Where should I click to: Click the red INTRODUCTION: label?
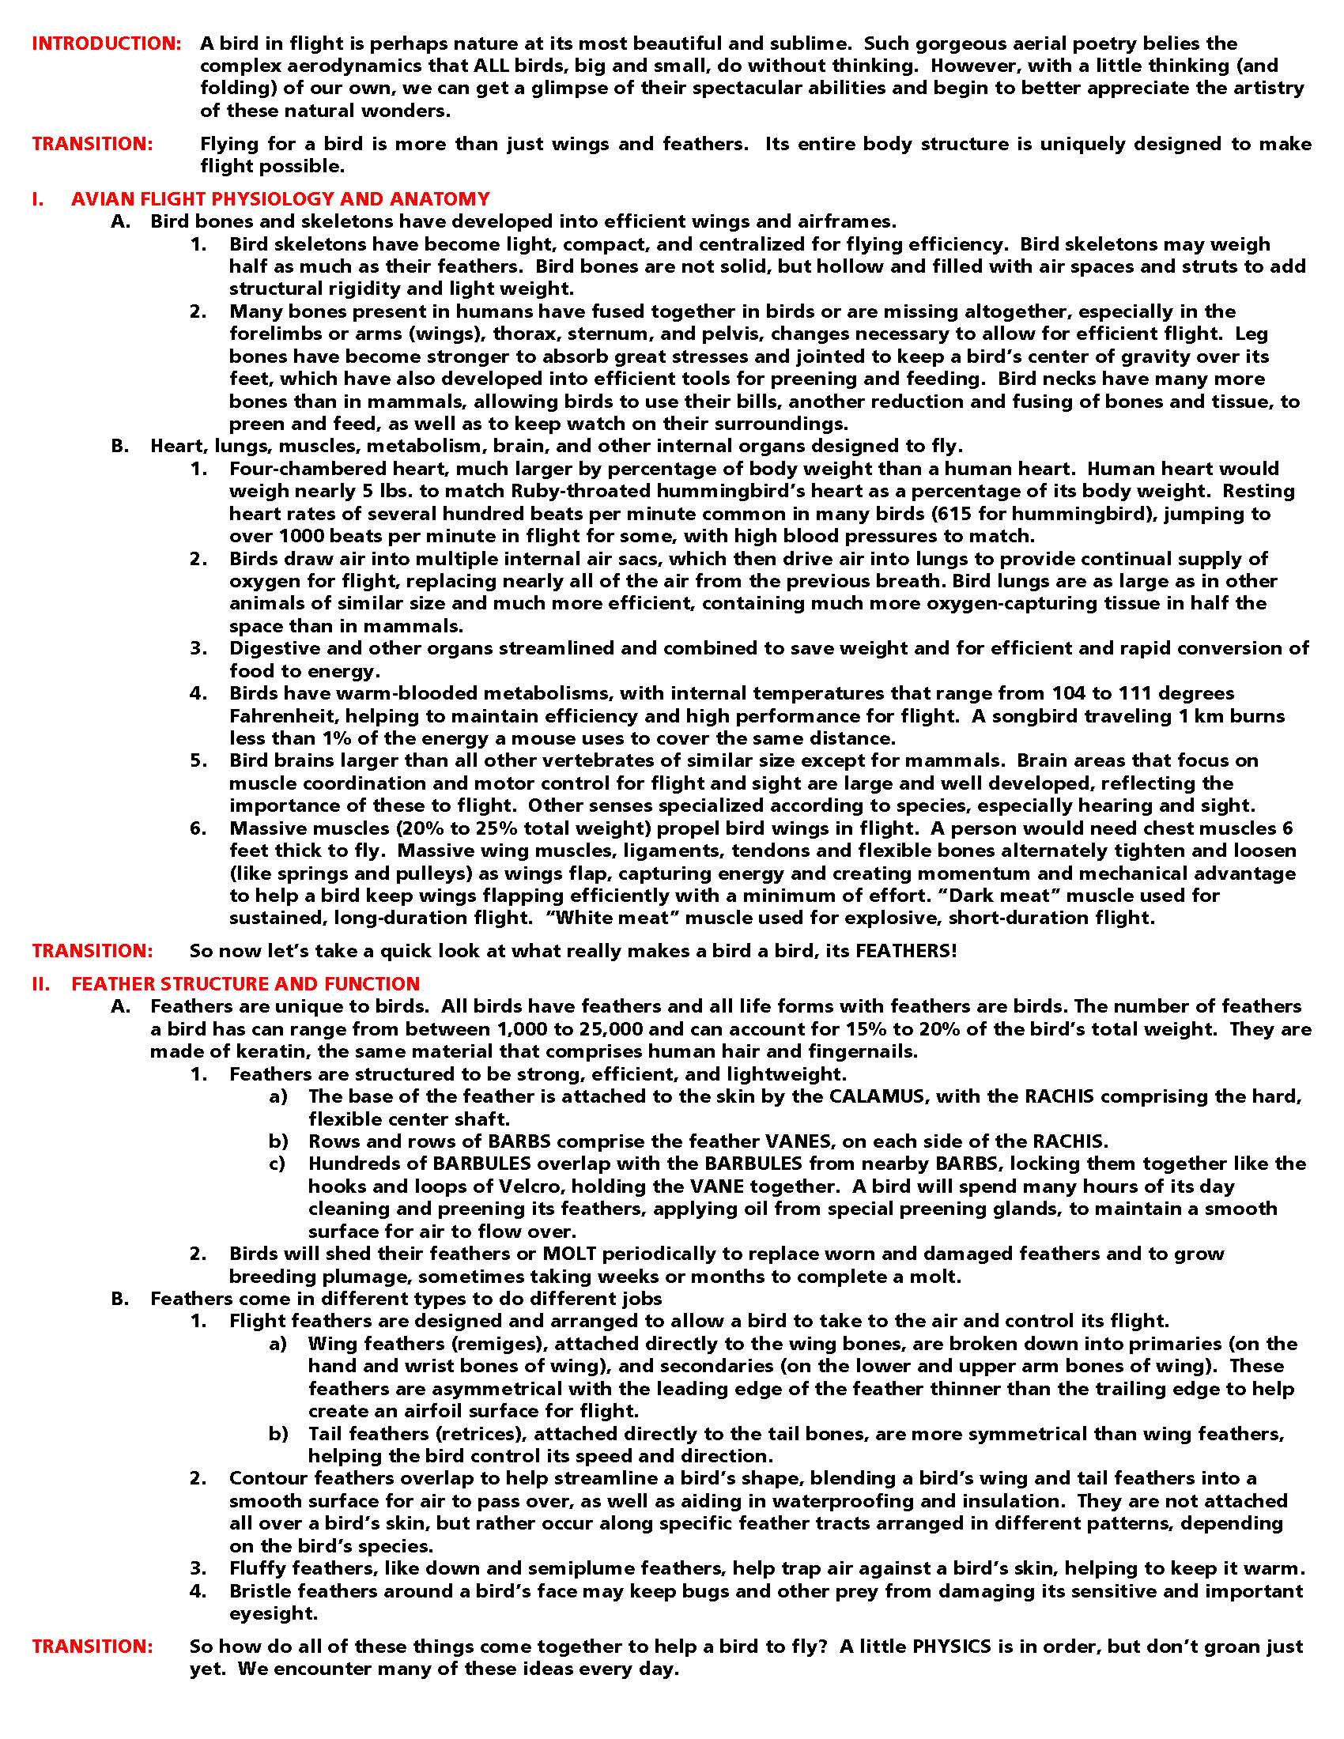(x=107, y=43)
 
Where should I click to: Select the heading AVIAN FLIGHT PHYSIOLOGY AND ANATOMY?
(x=281, y=198)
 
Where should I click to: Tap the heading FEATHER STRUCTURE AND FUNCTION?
(x=245, y=983)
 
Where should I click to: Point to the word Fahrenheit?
(x=283, y=716)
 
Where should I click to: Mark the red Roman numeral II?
(x=40, y=983)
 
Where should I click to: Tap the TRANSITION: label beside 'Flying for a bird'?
(x=92, y=144)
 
